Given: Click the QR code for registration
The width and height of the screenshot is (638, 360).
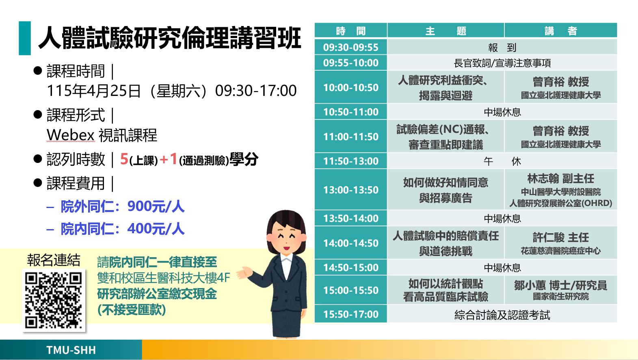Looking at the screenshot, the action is [x=54, y=300].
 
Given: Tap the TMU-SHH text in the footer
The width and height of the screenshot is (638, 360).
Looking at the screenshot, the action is [x=71, y=350].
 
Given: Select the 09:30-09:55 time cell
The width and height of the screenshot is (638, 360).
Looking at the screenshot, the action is [x=350, y=47].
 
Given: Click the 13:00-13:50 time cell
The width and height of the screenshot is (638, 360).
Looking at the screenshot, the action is [x=350, y=190].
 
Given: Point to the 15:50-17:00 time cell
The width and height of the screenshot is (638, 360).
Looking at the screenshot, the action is [x=350, y=314].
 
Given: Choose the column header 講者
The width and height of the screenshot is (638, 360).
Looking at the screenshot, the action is [x=560, y=30].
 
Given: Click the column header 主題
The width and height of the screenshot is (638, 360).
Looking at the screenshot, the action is [x=446, y=30].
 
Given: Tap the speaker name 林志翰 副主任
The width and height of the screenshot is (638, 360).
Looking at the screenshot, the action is [x=560, y=179].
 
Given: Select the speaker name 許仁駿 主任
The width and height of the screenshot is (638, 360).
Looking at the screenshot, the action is [x=560, y=237].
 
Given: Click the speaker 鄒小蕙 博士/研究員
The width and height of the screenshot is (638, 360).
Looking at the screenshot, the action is [x=560, y=285].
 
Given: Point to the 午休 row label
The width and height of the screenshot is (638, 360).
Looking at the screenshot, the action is [x=502, y=161].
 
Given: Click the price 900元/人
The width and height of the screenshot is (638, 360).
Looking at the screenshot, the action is [x=156, y=206].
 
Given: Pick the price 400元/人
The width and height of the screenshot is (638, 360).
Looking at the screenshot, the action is [x=156, y=229].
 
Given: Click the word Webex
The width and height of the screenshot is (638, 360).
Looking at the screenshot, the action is [x=70, y=135].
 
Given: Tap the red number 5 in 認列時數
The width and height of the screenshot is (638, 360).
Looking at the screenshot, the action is [x=124, y=159].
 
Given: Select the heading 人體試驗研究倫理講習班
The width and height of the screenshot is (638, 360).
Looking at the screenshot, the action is [x=169, y=38].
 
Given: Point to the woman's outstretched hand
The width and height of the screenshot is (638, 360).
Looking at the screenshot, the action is [x=244, y=273].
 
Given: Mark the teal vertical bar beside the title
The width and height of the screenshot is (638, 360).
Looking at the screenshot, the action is [x=25, y=38].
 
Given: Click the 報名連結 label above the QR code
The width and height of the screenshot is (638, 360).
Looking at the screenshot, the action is [x=54, y=260].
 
